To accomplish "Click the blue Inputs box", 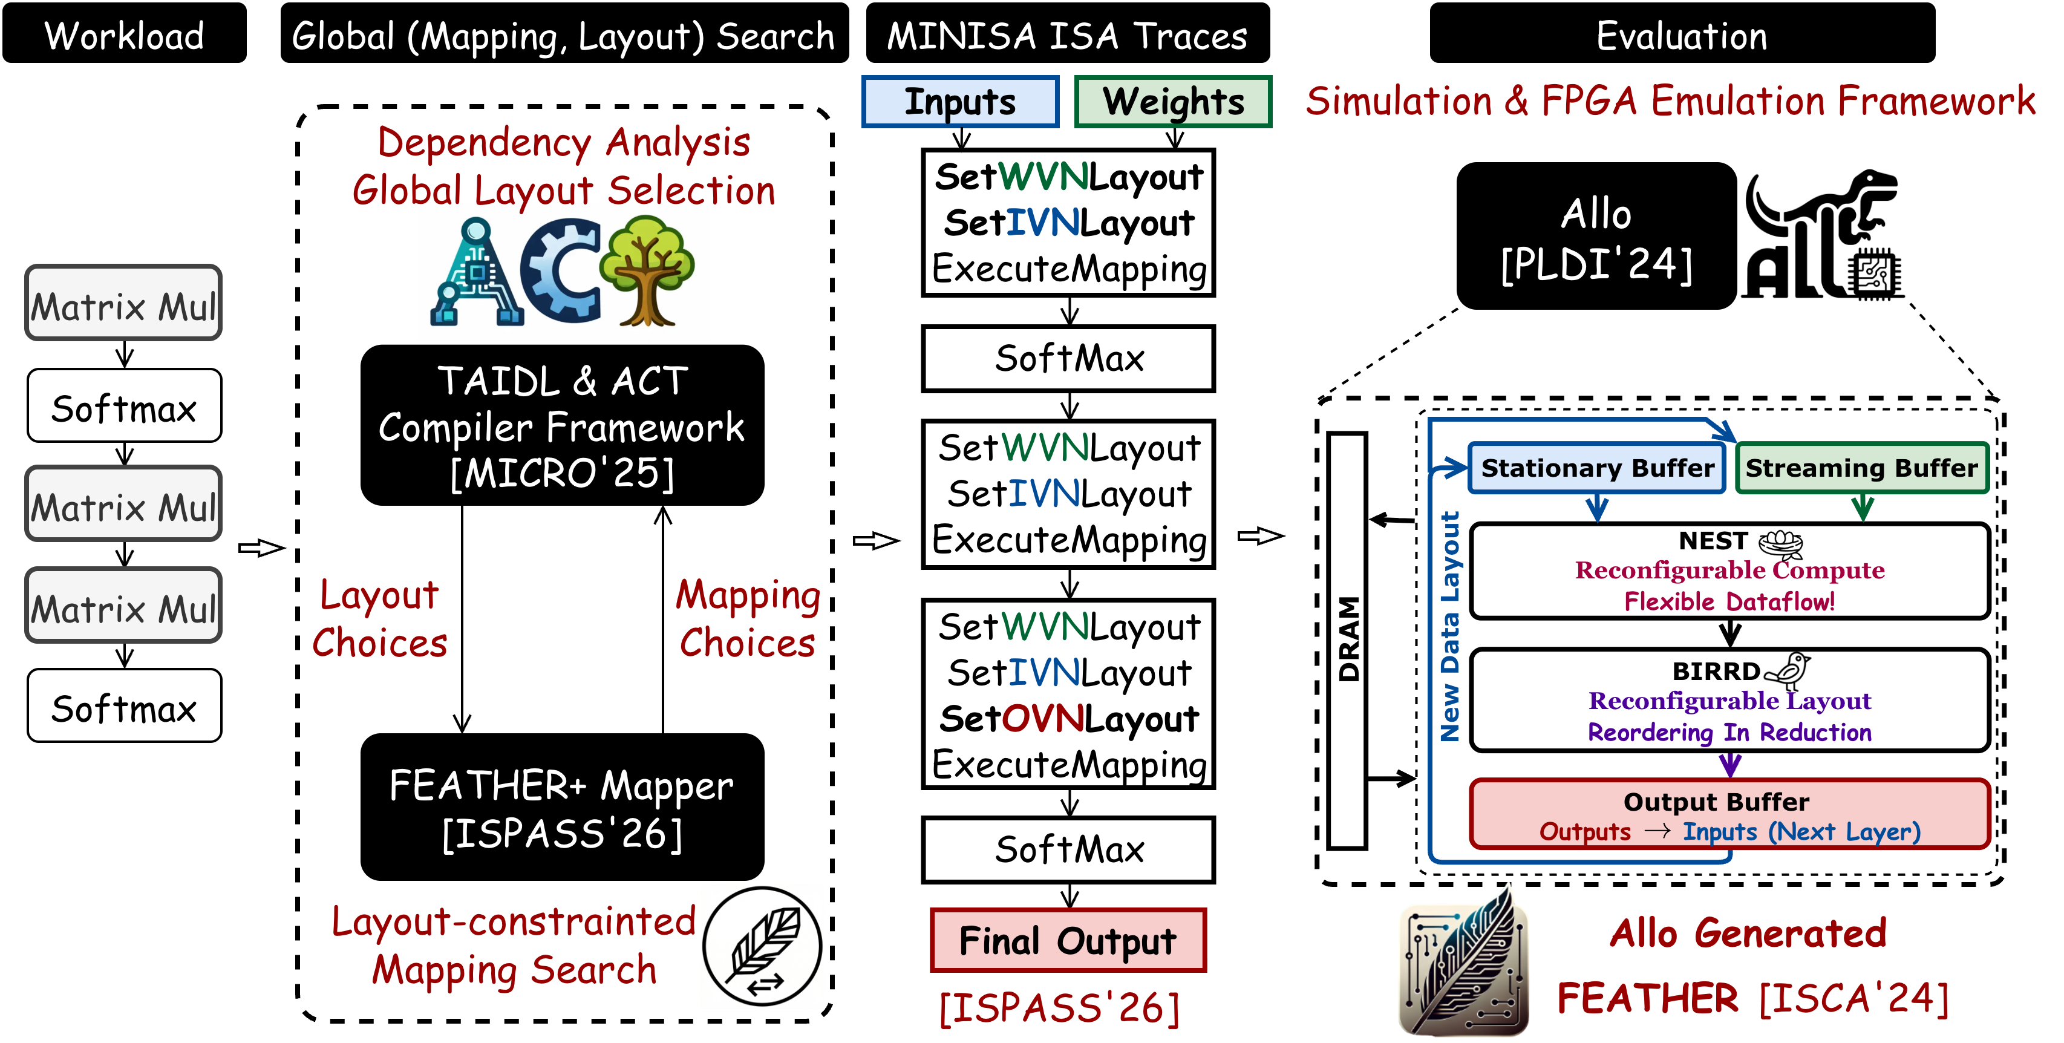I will tap(960, 102).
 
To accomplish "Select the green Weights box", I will tap(1173, 102).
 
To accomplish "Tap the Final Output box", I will tap(1068, 941).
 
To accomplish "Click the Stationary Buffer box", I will tap(1597, 468).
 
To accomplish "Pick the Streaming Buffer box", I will tap(1861, 468).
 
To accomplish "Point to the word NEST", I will tap(1713, 541).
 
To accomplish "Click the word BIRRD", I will tap(1716, 672).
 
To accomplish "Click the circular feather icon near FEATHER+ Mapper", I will tap(762, 946).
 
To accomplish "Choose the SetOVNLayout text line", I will tap(1068, 719).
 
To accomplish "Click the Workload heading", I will tap(124, 37).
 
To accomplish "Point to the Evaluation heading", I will tap(1681, 37).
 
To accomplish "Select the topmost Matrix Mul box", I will tap(123, 304).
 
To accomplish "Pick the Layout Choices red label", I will tap(379, 618).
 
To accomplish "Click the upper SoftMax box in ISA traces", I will tap(1068, 359).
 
